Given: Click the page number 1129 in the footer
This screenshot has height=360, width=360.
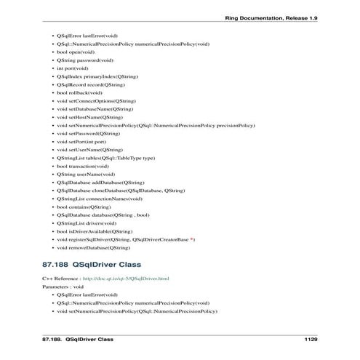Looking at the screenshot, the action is [x=311, y=339].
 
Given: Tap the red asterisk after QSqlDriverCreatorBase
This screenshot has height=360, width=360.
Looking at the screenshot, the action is [x=192, y=239].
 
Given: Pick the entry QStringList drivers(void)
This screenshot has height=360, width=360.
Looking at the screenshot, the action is [x=86, y=223].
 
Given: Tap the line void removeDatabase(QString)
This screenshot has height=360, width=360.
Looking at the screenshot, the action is [x=95, y=247].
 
